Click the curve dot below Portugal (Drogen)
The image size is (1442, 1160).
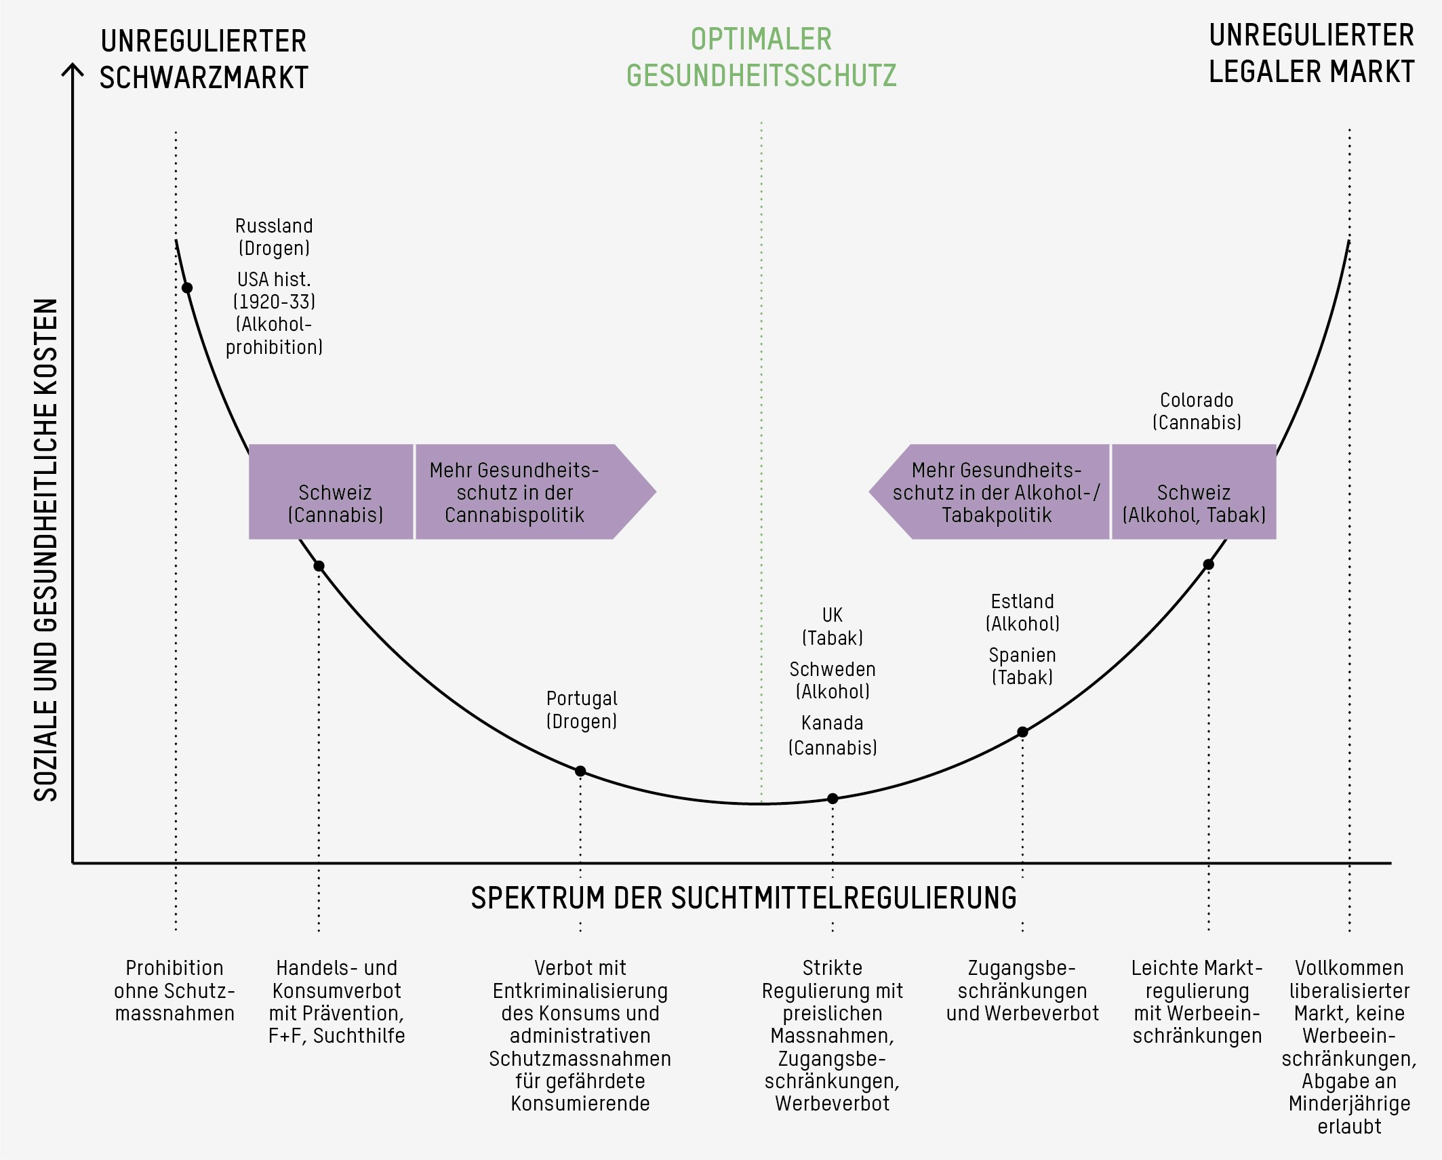pos(580,771)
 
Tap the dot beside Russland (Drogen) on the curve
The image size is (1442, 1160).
pos(187,288)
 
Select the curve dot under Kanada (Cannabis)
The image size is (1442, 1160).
pos(833,799)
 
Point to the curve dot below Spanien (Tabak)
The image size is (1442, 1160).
pos(1022,732)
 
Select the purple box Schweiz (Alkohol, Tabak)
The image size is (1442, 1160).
pos(1193,492)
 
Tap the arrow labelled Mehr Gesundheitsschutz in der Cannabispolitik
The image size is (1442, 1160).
pos(522,492)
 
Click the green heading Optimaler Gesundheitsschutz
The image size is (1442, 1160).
pos(761,58)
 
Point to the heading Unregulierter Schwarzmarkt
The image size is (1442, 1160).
pos(203,59)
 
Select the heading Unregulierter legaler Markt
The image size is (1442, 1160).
pos(1311,54)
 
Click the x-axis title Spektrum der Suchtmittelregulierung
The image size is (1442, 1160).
pos(744,898)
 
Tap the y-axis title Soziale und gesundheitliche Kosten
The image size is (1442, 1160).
pos(46,549)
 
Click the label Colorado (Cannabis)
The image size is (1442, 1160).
pos(1197,411)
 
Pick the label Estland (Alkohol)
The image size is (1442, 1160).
pos(1022,612)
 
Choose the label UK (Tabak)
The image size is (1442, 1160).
pos(833,626)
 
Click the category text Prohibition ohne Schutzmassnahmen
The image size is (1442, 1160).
pos(175,991)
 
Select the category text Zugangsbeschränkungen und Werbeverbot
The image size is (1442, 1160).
pos(1022,991)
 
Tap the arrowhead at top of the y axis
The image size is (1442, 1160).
pos(73,68)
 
